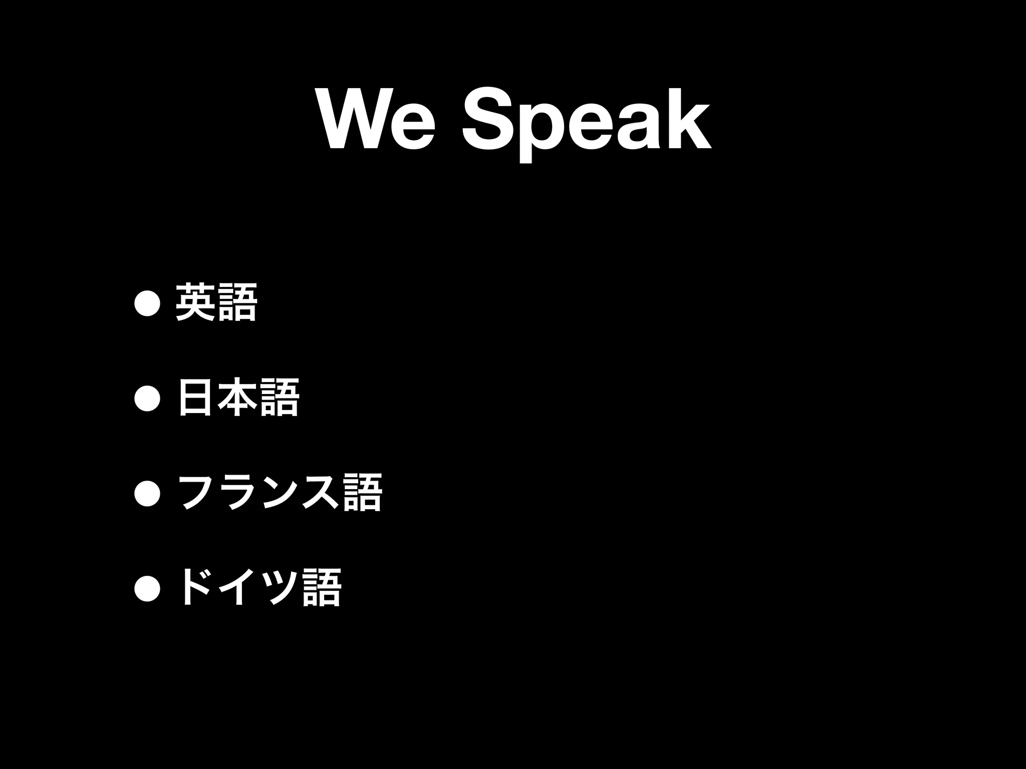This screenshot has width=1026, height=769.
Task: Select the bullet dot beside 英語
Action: (147, 303)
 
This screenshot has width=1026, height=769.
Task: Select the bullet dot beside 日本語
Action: (147, 399)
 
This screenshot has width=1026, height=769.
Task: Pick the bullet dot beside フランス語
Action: (147, 494)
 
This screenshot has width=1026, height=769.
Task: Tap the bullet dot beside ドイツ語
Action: (147, 589)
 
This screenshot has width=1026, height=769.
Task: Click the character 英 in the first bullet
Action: (195, 302)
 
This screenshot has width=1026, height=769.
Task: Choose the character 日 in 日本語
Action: (195, 398)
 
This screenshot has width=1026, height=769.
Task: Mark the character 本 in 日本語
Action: (237, 398)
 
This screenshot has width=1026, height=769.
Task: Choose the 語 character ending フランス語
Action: (363, 493)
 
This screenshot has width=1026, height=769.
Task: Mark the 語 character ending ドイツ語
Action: (322, 588)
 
